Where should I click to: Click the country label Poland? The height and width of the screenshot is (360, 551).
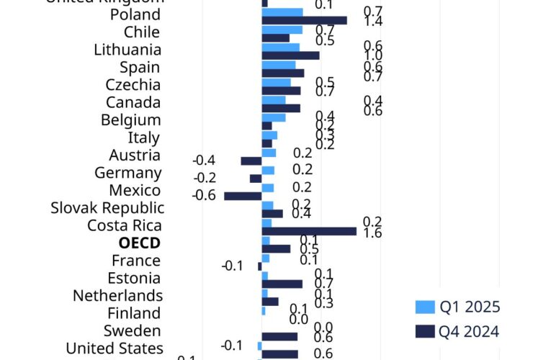click(x=135, y=15)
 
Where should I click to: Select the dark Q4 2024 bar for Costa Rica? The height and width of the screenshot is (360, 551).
click(x=308, y=231)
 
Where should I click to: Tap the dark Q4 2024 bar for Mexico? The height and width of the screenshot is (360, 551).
click(x=243, y=196)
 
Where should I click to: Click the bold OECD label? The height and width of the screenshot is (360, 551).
click(x=139, y=243)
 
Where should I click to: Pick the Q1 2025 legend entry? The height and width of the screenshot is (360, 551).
click(x=457, y=307)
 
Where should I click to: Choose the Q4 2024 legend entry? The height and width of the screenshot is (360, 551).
click(x=457, y=331)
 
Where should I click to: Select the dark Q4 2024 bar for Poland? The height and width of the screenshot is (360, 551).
click(x=304, y=20)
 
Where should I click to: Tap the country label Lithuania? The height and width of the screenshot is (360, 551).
click(x=127, y=50)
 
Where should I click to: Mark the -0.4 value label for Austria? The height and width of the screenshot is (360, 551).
click(x=205, y=161)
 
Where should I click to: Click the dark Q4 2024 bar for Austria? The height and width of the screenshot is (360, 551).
click(x=251, y=161)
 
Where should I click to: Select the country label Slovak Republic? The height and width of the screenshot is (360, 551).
click(x=107, y=208)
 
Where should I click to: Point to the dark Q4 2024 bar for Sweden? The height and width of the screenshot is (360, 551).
click(x=279, y=337)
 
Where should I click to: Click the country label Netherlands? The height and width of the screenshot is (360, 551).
click(x=117, y=295)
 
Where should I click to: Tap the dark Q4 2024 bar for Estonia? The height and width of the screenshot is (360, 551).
click(x=282, y=284)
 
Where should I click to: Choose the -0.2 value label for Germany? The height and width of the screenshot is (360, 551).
click(x=205, y=178)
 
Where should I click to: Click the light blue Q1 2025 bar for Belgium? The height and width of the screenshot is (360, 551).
click(x=274, y=117)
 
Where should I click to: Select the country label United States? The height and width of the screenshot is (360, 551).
click(x=115, y=348)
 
